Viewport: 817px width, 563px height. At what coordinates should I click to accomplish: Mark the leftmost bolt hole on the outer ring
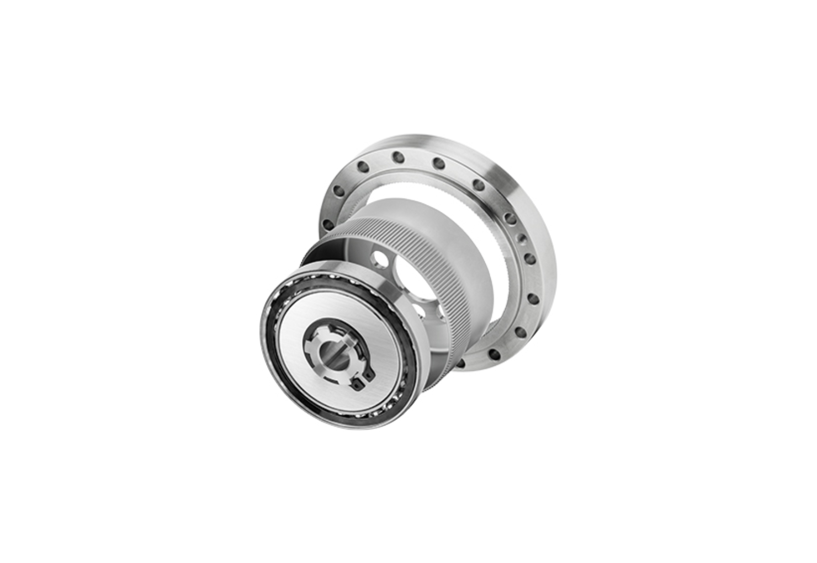[327, 225]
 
